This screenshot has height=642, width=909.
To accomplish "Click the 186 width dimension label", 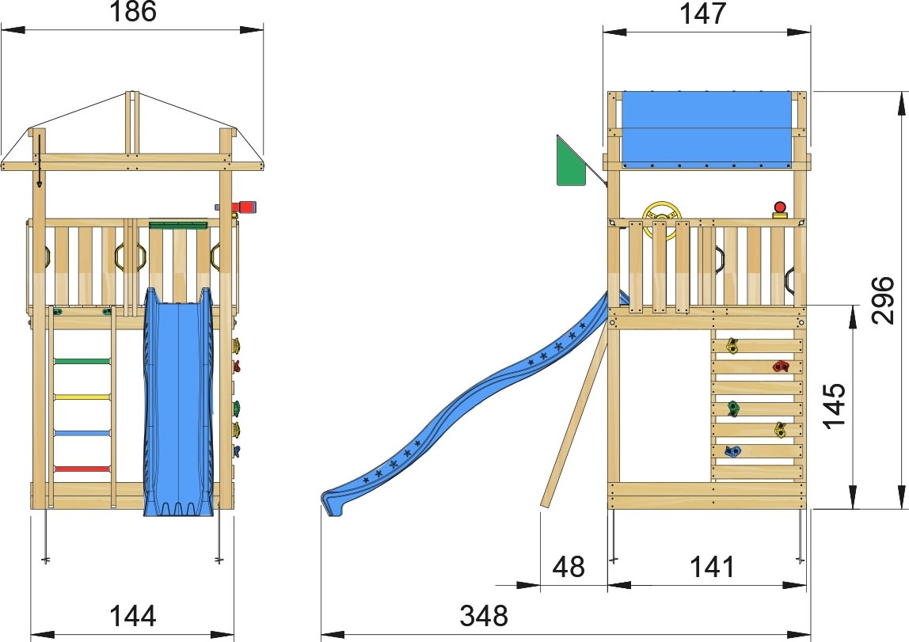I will [x=133, y=12].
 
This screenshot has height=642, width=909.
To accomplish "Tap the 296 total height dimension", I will [x=881, y=300].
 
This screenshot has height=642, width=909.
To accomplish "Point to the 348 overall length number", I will [x=484, y=615].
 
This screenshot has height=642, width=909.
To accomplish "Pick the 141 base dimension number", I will [x=712, y=567].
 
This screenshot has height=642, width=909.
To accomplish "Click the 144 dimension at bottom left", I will [x=132, y=615].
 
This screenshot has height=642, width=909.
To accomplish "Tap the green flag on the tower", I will [x=569, y=162].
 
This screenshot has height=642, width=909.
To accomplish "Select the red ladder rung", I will [x=82, y=469].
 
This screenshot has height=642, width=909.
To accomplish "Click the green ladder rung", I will [x=82, y=361].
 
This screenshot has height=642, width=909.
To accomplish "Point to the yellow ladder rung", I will [x=82, y=397].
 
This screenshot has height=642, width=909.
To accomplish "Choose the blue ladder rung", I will [x=82, y=433].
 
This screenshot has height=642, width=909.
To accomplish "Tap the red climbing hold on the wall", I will [x=782, y=366].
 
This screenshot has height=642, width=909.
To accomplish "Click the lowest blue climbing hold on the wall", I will [x=732, y=452].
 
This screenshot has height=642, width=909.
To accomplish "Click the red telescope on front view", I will [x=245, y=207].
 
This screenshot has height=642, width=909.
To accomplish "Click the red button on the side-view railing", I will [x=780, y=208].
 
